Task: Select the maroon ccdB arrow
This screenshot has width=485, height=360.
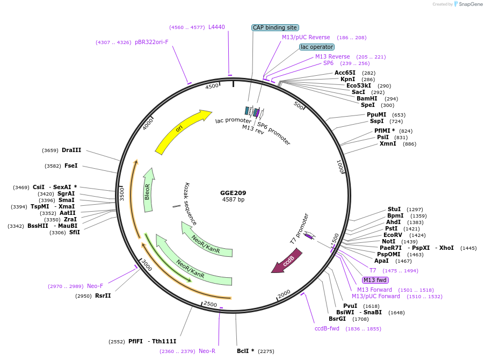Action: click(x=287, y=261)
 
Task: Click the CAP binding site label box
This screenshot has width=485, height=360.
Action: click(x=275, y=27)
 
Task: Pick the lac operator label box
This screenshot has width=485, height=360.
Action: click(x=316, y=47)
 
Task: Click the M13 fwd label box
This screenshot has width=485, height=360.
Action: click(x=375, y=280)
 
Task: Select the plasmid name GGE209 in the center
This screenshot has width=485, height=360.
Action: click(x=233, y=193)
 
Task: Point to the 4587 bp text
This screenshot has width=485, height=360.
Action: click(x=233, y=200)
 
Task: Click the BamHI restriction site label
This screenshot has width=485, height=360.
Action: click(x=367, y=99)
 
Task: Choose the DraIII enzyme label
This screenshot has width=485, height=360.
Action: click(x=71, y=150)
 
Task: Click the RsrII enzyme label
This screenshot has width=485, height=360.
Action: click(x=103, y=296)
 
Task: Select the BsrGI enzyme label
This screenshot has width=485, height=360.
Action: click(x=338, y=319)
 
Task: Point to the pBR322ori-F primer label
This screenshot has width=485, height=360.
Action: click(x=151, y=42)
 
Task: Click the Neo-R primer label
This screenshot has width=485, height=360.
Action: click(x=207, y=351)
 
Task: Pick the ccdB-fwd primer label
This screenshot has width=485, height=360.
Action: click(x=327, y=328)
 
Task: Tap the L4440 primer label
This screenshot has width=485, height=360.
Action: click(x=216, y=27)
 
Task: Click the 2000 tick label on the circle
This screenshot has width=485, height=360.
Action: click(x=284, y=293)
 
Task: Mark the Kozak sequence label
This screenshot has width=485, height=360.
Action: click(x=191, y=204)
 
